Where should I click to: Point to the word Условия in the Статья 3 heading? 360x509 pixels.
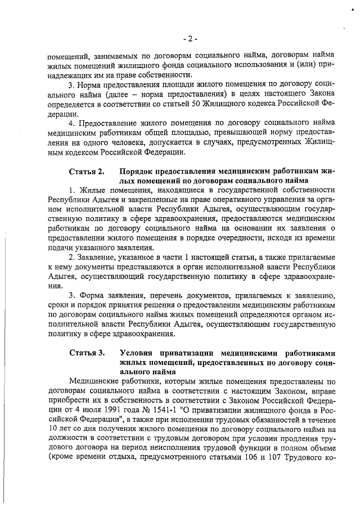click(x=137, y=353)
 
